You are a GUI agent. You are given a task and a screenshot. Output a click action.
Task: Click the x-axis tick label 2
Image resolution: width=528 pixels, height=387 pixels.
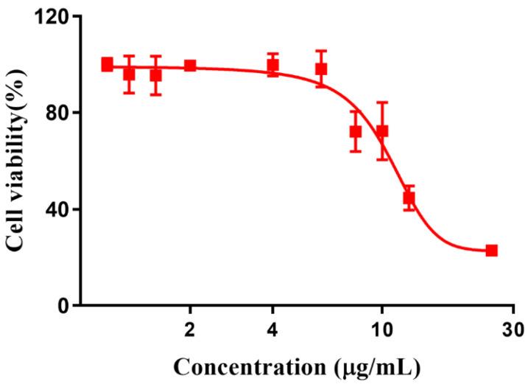click(190, 328)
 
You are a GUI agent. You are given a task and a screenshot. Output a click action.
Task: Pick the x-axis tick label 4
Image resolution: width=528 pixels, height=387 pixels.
click(272, 328)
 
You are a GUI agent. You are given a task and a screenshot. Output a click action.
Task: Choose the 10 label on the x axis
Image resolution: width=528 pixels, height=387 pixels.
click(381, 328)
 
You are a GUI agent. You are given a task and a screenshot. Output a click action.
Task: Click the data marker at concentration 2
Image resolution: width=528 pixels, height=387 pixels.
click(190, 66)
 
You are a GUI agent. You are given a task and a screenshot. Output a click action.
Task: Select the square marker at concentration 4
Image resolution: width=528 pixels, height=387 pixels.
click(273, 65)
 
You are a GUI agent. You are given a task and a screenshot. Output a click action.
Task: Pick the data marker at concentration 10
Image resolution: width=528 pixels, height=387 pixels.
click(381, 131)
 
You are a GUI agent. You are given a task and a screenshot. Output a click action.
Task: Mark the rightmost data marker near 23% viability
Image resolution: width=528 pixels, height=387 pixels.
click(491, 251)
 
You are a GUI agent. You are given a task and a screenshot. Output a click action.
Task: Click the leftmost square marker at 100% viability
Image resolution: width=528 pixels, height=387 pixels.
click(108, 64)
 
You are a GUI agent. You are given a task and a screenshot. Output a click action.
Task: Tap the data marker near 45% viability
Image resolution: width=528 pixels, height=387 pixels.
click(409, 198)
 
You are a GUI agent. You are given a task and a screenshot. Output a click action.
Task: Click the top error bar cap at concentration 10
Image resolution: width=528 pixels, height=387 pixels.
click(381, 103)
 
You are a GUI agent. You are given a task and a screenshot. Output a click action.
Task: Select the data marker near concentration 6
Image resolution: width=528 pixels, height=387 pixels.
click(321, 69)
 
